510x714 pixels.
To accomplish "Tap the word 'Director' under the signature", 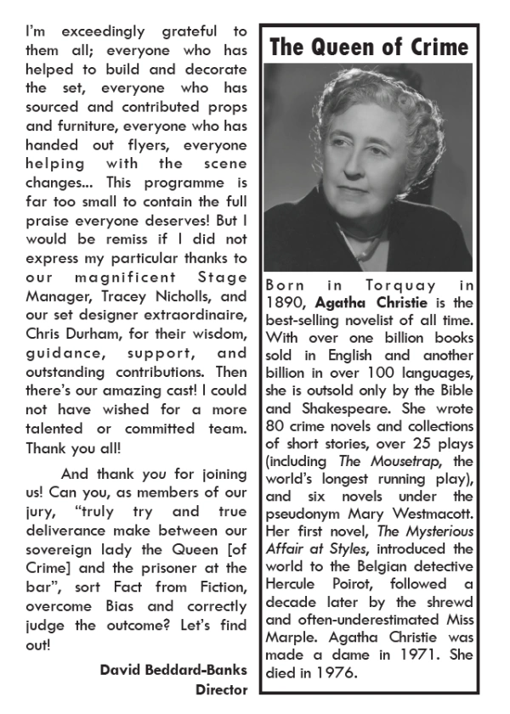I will (221, 689).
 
